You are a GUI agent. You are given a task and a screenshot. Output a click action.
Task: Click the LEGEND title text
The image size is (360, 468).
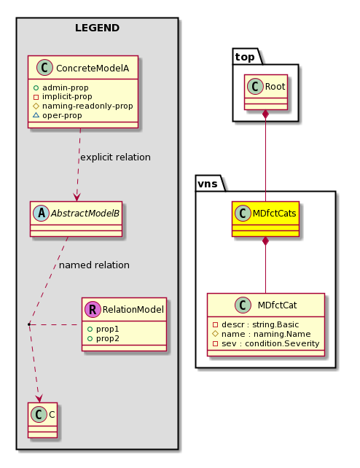(x=97, y=28)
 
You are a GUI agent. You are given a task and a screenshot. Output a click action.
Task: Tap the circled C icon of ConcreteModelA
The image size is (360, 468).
(x=44, y=68)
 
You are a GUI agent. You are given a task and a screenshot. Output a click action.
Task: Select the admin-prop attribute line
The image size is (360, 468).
(x=61, y=87)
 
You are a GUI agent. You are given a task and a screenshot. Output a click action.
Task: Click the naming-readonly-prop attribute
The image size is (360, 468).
(x=83, y=106)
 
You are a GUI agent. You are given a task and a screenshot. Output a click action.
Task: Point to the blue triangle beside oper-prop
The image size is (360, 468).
(x=36, y=115)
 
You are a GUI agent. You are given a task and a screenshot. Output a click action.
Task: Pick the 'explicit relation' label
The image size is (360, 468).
(x=115, y=157)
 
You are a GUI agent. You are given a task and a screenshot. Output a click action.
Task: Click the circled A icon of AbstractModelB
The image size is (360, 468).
(x=41, y=213)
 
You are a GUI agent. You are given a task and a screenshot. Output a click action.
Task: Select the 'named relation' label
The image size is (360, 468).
(x=94, y=265)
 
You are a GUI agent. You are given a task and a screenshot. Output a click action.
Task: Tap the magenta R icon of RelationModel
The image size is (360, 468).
(x=93, y=309)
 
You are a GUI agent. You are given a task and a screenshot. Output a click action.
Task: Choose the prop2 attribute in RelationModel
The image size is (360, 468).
(x=103, y=338)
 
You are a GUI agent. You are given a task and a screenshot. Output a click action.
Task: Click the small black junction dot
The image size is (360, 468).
(x=29, y=324)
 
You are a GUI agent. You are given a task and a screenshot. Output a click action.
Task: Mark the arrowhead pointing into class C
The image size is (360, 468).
(x=39, y=399)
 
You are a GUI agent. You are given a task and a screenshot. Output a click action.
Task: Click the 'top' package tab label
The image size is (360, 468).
(x=245, y=57)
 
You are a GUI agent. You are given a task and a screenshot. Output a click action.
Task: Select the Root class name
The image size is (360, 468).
(x=275, y=87)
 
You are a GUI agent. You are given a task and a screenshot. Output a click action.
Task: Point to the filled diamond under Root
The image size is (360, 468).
(x=265, y=114)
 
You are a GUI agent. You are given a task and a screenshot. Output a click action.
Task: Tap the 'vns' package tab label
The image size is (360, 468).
(x=208, y=184)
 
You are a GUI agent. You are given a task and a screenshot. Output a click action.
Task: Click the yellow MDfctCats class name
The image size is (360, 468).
(x=274, y=214)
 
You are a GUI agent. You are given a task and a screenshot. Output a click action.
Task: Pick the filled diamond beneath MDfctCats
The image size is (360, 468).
(x=265, y=241)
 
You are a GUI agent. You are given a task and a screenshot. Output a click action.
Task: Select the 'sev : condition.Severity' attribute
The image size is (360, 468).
(x=266, y=343)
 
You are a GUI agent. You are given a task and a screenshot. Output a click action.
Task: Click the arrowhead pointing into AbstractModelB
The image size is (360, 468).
(x=77, y=198)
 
